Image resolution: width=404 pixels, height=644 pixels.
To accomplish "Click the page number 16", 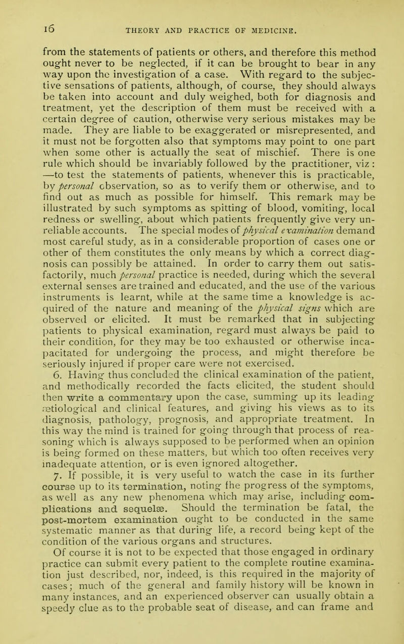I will pos(25,9).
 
